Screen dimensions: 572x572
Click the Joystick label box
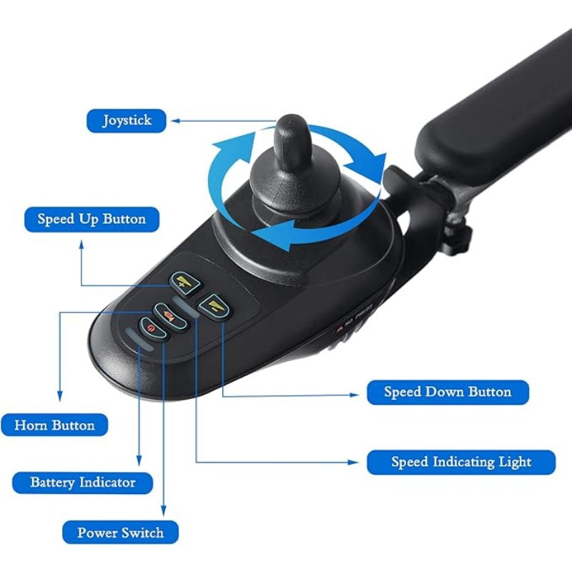click(x=127, y=121)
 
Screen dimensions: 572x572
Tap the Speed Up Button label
click(x=92, y=220)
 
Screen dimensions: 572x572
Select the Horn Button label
click(x=54, y=425)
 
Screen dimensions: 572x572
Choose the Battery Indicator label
click(x=83, y=483)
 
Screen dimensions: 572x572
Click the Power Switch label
click(x=120, y=533)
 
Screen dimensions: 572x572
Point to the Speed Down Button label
click(x=448, y=392)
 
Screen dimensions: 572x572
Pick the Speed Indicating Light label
click(x=461, y=462)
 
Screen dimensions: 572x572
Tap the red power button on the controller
click(x=153, y=329)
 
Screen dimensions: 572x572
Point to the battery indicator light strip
click(x=139, y=339)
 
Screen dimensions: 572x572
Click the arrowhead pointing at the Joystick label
click(x=175, y=121)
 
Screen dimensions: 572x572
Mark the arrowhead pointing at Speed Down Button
click(x=355, y=395)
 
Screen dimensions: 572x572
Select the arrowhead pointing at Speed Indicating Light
click(x=353, y=462)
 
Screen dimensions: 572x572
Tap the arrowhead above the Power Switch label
click(x=164, y=511)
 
